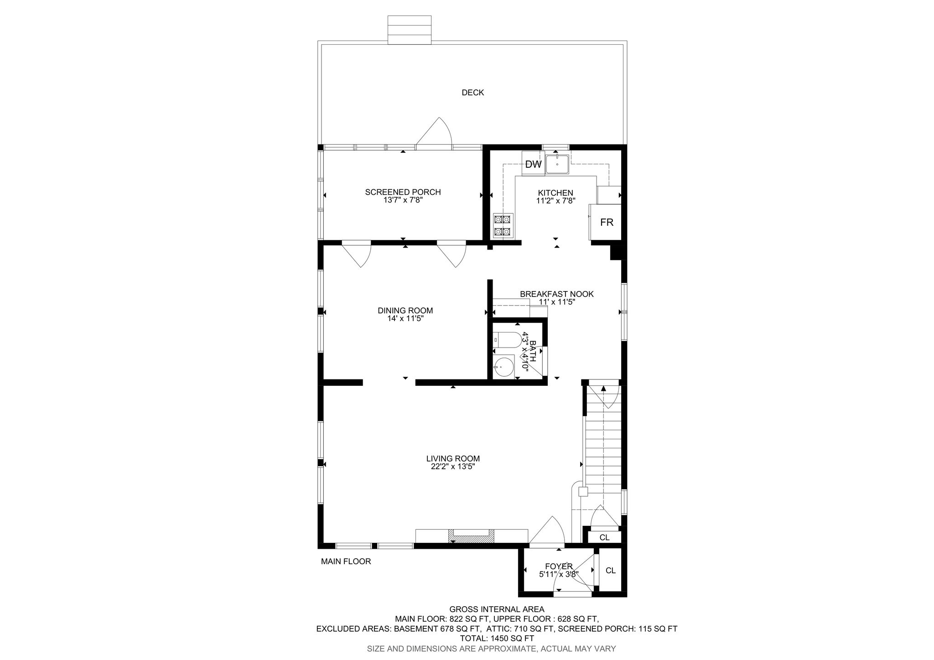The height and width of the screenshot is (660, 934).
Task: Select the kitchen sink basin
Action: [x=557, y=164]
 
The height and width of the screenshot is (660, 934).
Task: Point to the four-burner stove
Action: [x=503, y=226]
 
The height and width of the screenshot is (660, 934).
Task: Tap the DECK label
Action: [x=473, y=93]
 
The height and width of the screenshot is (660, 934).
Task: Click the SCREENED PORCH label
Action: [x=403, y=192]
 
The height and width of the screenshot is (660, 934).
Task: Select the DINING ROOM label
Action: [x=405, y=311]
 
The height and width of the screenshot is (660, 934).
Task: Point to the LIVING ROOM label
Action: [x=453, y=458]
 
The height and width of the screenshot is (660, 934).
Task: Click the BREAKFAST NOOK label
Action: [x=557, y=294]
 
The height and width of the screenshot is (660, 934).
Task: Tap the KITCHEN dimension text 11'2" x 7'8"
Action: [x=555, y=200]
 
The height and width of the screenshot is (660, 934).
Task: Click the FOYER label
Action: [x=558, y=566]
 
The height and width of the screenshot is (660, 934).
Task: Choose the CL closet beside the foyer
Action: [x=610, y=571]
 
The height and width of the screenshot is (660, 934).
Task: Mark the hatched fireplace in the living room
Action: [x=472, y=535]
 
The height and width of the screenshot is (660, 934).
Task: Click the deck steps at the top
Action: [x=410, y=30]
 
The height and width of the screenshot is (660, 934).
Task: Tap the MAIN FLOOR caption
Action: [x=346, y=561]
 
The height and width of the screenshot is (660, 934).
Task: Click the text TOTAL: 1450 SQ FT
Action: [x=497, y=639]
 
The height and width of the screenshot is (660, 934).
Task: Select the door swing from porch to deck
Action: [x=434, y=133]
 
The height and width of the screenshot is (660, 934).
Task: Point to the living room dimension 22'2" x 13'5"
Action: [x=453, y=467]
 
